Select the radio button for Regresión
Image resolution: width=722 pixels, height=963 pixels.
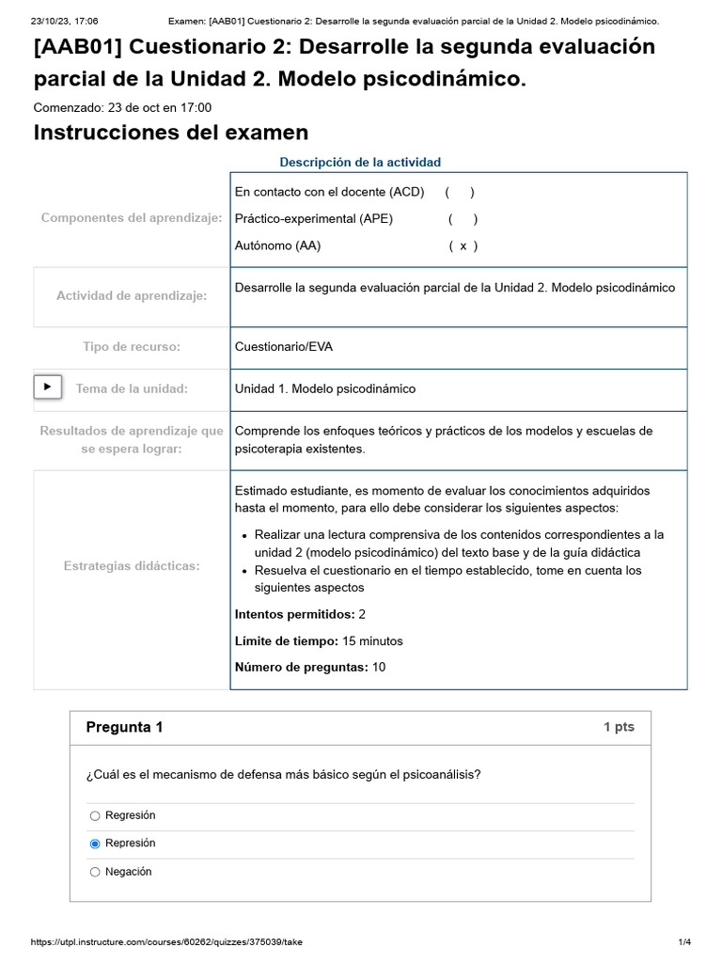pos(95,816)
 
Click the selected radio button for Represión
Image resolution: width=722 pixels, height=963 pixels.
pos(95,845)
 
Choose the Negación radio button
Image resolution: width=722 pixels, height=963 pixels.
pos(95,873)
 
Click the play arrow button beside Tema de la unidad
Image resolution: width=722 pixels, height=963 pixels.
pos(48,387)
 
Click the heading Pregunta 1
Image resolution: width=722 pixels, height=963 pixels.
pos(124,727)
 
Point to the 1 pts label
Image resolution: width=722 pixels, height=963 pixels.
pos(619,728)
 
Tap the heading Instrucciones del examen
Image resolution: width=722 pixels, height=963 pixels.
pos(170,133)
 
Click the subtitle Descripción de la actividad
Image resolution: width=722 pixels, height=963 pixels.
pos(360,162)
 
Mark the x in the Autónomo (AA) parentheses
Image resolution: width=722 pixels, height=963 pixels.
pos(463,246)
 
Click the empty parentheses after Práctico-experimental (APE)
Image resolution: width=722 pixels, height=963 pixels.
pos(463,219)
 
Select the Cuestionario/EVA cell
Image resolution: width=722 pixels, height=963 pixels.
pos(283,347)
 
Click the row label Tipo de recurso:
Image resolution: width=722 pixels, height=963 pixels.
pos(132,347)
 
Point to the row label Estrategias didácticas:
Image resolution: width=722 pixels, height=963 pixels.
pos(132,565)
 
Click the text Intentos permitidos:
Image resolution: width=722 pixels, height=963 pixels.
pos(294,614)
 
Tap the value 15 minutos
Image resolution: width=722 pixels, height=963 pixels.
pos(372,641)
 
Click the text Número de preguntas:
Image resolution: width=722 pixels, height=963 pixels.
pos(301,668)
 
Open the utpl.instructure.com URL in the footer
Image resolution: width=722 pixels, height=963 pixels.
pos(167,942)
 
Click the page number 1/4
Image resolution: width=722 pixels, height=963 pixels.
pos(684,942)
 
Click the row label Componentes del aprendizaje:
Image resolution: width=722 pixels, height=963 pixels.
pos(132,218)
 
